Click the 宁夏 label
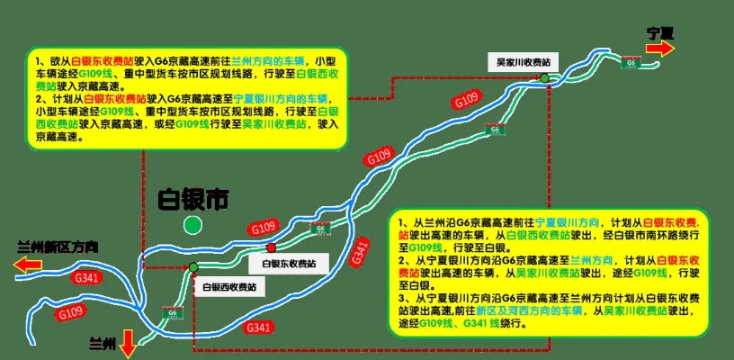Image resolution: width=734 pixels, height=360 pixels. point(660,33)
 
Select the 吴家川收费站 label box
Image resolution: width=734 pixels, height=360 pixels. point(524,62)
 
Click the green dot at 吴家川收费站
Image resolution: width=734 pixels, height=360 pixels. point(545,79)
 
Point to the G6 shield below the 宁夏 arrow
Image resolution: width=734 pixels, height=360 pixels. point(631,63)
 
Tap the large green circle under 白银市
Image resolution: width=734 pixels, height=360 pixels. point(192,225)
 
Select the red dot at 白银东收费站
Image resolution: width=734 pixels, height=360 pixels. point(271,247)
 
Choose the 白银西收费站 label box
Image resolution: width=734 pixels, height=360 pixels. point(228,287)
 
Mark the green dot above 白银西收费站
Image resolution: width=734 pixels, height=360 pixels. point(193,267)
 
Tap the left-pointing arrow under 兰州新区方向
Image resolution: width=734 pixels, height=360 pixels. point(31,265)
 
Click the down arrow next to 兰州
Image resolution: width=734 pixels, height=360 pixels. point(128,343)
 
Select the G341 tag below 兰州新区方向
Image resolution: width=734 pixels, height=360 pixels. point(87,277)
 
